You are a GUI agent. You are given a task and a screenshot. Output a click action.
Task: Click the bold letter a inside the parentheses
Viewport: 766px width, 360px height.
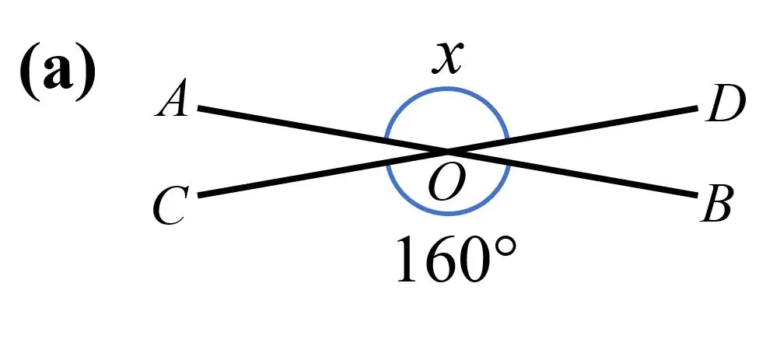(x=57, y=74)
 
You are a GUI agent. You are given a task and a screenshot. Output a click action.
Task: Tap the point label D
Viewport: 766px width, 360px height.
(x=726, y=104)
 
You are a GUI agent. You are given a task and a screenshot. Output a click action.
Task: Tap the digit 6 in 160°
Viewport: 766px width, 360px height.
(x=441, y=260)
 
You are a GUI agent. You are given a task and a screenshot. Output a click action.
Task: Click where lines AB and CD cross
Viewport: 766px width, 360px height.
(x=447, y=151)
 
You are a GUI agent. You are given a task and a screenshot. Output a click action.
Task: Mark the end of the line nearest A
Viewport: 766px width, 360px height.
(x=199, y=108)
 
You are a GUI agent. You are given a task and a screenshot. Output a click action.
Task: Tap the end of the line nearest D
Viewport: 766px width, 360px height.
(x=697, y=107)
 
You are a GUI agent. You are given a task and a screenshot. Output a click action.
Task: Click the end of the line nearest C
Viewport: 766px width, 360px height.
(x=199, y=195)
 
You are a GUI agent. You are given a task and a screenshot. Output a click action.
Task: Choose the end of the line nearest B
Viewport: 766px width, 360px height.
(x=696, y=195)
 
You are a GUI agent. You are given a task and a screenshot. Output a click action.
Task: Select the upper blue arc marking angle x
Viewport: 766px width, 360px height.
(x=447, y=89)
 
